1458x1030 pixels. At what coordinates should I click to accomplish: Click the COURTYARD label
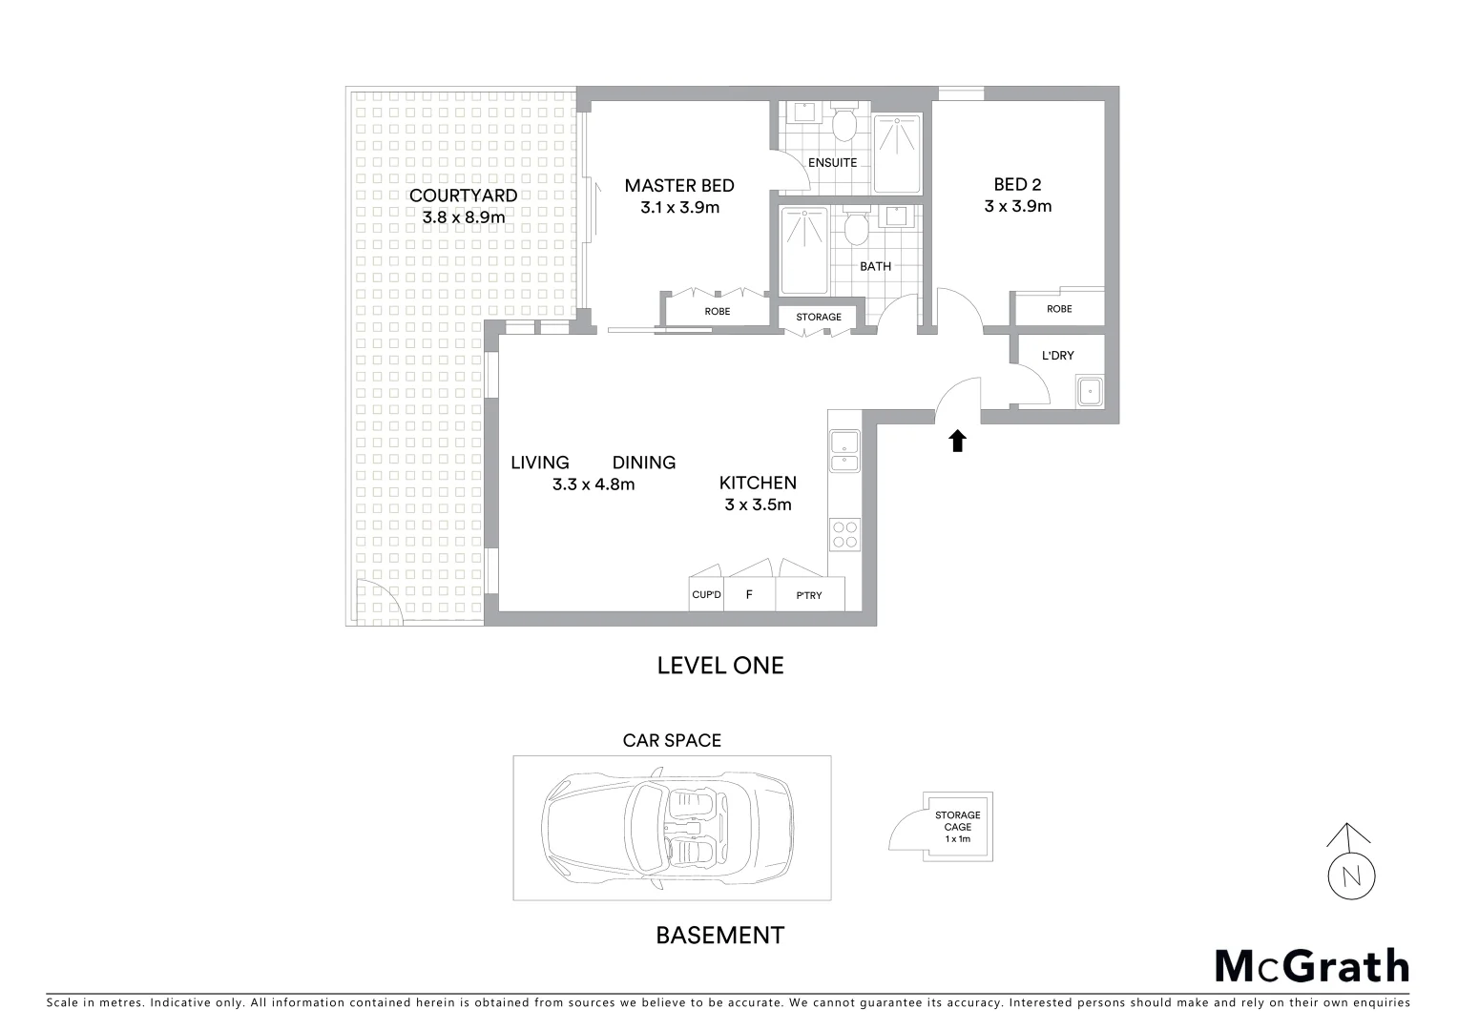(463, 196)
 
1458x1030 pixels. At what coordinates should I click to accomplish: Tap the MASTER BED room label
(678, 185)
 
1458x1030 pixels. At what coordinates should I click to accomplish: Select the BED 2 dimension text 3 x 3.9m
(1017, 206)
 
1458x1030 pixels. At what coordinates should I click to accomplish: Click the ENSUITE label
(832, 162)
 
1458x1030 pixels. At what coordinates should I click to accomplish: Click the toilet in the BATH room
(856, 228)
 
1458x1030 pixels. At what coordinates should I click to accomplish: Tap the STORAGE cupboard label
(819, 317)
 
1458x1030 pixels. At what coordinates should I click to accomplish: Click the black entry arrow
(957, 441)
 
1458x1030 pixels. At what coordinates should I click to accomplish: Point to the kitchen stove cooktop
(844, 533)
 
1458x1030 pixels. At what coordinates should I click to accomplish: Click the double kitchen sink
(844, 451)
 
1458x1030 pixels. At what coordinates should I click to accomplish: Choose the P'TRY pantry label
(809, 596)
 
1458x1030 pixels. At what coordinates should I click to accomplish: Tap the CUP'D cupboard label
(706, 595)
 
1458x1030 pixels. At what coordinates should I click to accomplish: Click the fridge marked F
(749, 594)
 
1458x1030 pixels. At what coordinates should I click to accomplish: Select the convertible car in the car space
(667, 827)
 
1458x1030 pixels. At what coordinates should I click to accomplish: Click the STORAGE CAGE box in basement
(957, 827)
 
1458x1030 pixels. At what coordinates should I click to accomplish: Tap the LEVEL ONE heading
(719, 666)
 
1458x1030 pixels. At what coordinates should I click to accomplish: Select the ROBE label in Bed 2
(1058, 309)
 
